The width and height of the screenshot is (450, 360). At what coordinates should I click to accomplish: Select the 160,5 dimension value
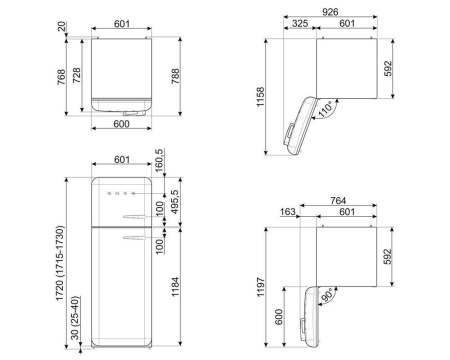[x=161, y=159]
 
